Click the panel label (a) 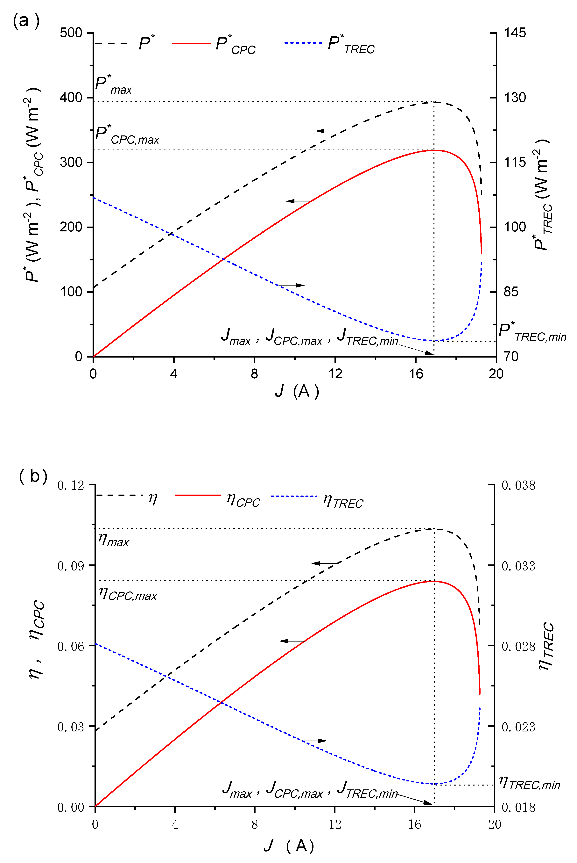(26, 21)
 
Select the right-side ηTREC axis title (546, 646)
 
